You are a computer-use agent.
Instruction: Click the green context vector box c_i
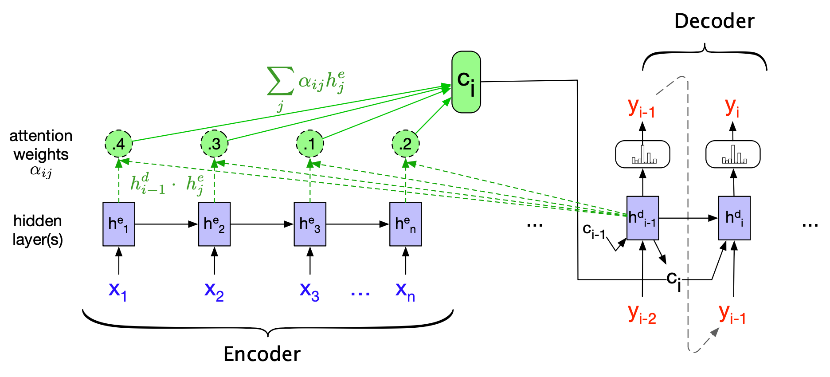(x=466, y=82)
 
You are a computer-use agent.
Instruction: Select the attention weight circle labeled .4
(x=118, y=144)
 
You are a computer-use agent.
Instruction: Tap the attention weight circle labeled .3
(x=214, y=144)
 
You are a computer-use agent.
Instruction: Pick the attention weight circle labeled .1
(x=310, y=144)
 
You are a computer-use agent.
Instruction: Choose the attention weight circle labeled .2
(x=405, y=144)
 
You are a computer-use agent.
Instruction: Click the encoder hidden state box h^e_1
(x=119, y=224)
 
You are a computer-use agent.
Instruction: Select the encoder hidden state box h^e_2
(x=214, y=224)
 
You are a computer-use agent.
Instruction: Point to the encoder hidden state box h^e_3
(x=310, y=224)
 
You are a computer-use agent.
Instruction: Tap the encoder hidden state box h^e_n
(x=405, y=224)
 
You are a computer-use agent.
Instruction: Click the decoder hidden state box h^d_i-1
(x=642, y=218)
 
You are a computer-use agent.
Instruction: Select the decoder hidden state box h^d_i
(x=734, y=218)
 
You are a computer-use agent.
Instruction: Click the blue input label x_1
(x=117, y=291)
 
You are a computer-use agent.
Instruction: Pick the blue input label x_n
(x=405, y=291)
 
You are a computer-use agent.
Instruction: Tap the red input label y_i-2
(x=642, y=314)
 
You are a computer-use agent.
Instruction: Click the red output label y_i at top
(x=732, y=107)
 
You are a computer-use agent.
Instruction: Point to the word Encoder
(x=262, y=354)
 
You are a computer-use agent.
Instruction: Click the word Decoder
(x=714, y=21)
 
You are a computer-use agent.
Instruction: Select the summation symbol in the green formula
(x=280, y=81)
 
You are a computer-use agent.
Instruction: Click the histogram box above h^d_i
(x=732, y=154)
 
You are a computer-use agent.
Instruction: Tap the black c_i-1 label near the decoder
(x=594, y=231)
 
